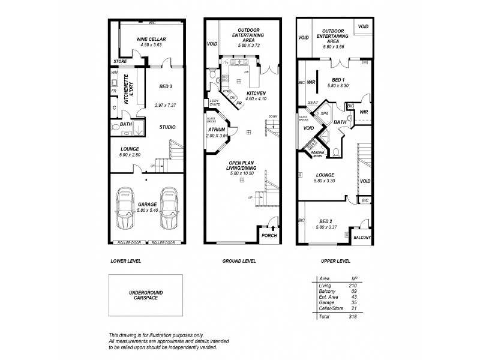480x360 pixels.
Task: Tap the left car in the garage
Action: coord(126,208)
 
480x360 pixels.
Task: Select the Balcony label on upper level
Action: coord(362,238)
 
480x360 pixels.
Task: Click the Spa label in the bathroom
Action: coord(325,113)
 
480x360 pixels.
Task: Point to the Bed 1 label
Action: coord(338,80)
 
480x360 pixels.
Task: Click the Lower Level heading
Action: coord(125,262)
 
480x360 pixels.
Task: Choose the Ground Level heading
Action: coord(239,262)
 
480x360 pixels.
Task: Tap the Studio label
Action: coord(167,127)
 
